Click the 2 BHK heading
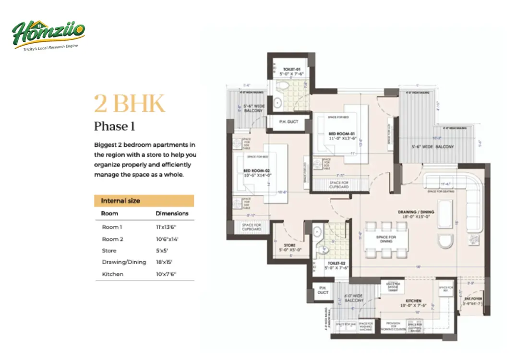click(129, 103)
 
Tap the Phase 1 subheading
click(114, 126)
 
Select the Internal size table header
click(120, 201)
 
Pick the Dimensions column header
click(172, 213)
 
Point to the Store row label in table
click(109, 251)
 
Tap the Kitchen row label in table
click(112, 274)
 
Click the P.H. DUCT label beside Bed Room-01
click(288, 122)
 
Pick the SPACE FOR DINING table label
click(386, 239)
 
